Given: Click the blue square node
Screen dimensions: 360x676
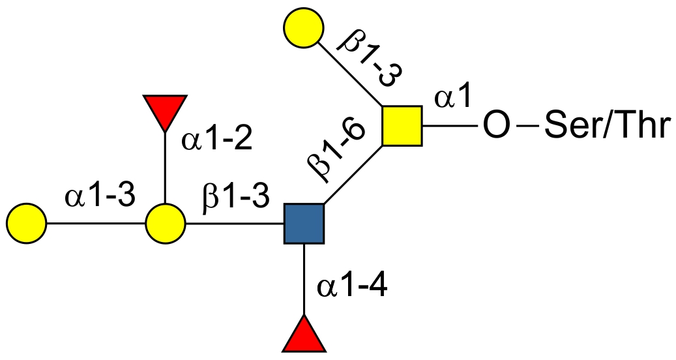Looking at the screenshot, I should point(304,224).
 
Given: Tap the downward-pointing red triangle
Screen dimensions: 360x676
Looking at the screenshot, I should point(165,112).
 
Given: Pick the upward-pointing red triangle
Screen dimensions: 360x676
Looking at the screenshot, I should point(304,336).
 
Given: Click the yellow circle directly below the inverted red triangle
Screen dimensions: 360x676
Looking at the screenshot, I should point(165,224).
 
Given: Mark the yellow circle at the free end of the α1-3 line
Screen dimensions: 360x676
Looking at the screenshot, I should point(26,224).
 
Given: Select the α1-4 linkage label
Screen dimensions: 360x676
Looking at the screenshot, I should point(353,286).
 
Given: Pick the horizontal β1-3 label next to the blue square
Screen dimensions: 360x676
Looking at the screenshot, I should point(235,196).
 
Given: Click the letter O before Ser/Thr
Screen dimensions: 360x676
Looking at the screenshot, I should point(496,125).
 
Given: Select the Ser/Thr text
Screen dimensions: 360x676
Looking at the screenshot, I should point(606,125).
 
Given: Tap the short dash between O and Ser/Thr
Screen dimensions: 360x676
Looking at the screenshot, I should point(525,125).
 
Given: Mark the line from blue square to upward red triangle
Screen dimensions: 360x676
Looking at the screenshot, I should point(304,280).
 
